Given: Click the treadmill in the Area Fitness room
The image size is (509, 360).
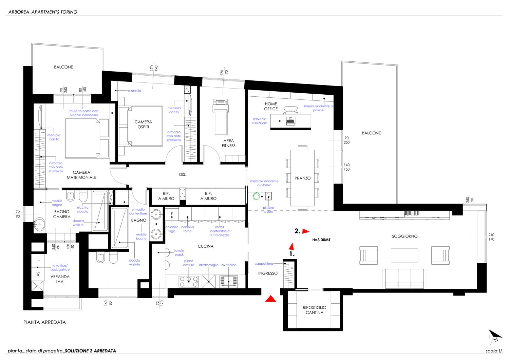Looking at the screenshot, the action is tap(221, 117).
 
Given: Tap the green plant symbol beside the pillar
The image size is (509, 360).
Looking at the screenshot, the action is tap(257, 196).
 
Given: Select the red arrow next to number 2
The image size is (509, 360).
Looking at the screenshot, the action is tap(306, 231).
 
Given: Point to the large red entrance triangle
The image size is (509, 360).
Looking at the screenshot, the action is tap(271, 299).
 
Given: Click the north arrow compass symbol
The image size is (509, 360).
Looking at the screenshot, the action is tap(495, 337).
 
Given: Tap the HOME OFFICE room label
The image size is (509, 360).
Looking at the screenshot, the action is tap(271, 106).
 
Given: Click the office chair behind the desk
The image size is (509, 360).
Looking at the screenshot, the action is tap(290, 110).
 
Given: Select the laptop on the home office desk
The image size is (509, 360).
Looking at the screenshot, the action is tap(290, 121).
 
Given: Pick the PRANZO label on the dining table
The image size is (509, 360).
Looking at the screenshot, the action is tap(302, 178).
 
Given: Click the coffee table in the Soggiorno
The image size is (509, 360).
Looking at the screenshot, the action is tap(404, 255).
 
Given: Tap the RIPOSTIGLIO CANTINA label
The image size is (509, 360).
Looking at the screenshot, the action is tap(315, 310).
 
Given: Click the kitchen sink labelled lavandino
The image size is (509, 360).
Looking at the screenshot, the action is tap(229, 281).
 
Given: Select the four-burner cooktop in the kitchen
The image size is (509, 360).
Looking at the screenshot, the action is tap(189, 281).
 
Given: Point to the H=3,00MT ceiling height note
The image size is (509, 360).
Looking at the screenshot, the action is tap(321, 240).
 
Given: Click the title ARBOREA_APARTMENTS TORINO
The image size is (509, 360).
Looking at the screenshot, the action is tap(43, 12).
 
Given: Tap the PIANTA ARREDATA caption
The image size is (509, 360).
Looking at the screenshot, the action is tap(44, 322).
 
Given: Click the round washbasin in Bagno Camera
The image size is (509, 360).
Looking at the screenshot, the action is tap(40, 224).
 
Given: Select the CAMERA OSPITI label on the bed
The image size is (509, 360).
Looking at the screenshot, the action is tap(143, 124).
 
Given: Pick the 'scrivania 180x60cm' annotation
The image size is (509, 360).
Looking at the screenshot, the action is tap(259, 121).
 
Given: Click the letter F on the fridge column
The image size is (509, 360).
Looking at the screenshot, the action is tap(172, 214).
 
